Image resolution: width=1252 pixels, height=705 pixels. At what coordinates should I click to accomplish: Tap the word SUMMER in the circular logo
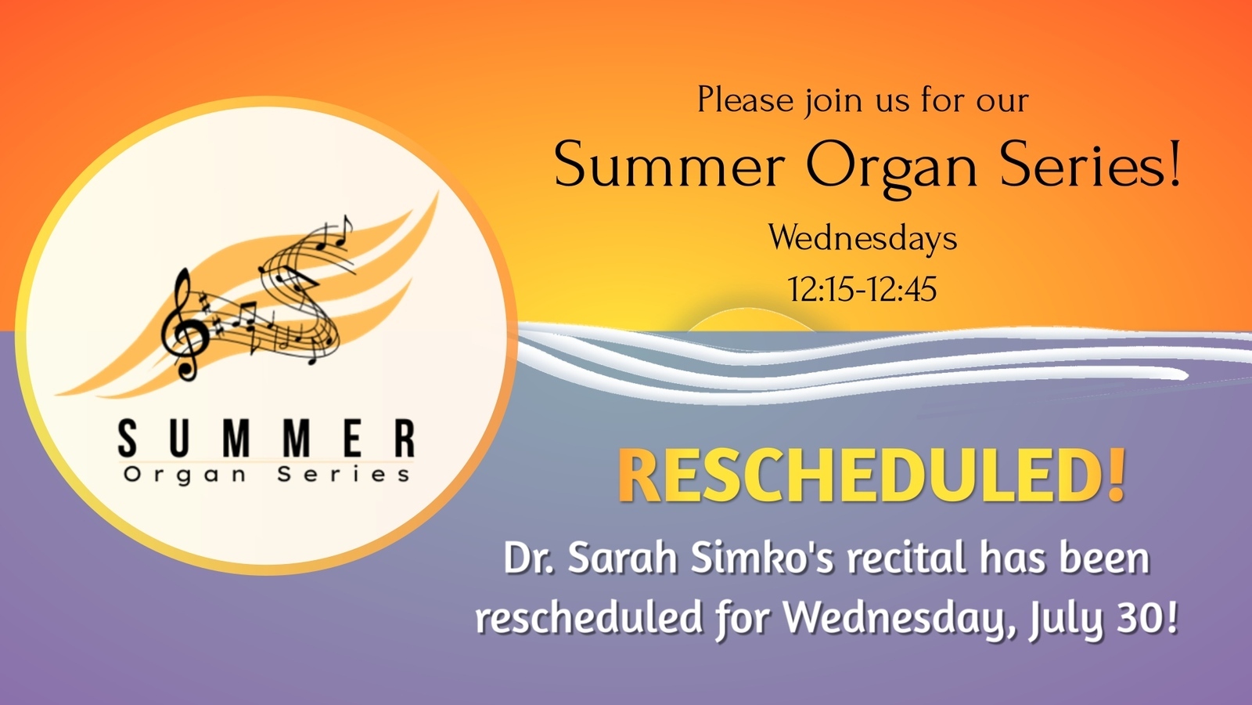point(267,439)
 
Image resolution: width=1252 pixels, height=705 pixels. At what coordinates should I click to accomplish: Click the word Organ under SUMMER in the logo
point(185,475)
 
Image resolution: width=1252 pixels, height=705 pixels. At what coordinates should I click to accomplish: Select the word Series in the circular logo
point(344,474)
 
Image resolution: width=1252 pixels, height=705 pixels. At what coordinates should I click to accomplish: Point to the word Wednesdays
point(862,239)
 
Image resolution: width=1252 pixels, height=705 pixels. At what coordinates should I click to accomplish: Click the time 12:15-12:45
point(862,289)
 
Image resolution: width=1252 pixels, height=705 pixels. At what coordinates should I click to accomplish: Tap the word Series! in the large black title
point(1091,164)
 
